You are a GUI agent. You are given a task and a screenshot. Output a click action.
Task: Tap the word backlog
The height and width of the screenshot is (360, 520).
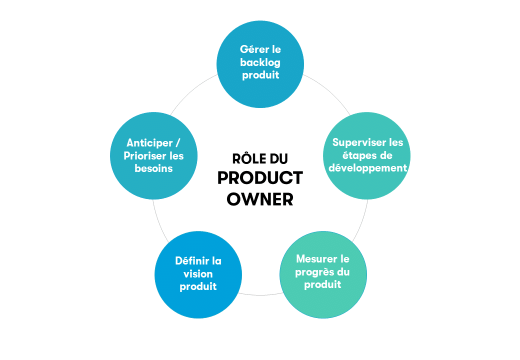click(260, 62)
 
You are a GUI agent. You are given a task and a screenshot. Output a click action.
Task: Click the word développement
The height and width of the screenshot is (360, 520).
click(368, 168)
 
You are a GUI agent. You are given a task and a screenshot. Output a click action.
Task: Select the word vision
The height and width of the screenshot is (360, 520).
click(198, 274)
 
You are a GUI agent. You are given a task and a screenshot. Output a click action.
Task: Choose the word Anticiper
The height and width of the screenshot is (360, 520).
click(149, 143)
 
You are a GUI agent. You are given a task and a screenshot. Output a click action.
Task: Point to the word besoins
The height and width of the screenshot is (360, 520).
click(153, 168)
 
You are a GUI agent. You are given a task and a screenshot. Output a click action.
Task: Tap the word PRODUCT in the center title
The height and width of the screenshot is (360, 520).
click(260, 178)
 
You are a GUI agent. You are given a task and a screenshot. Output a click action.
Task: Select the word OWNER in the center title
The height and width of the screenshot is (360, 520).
click(260, 199)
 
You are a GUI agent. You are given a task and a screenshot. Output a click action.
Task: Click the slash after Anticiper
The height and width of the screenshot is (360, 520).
click(178, 143)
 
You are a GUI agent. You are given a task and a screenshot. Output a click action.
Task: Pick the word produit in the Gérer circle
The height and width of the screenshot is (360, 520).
click(260, 75)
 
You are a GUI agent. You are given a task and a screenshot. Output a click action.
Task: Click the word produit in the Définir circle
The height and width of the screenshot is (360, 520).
click(198, 286)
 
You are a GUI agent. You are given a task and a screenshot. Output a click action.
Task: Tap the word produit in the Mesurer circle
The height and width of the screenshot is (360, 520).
click(322, 285)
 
